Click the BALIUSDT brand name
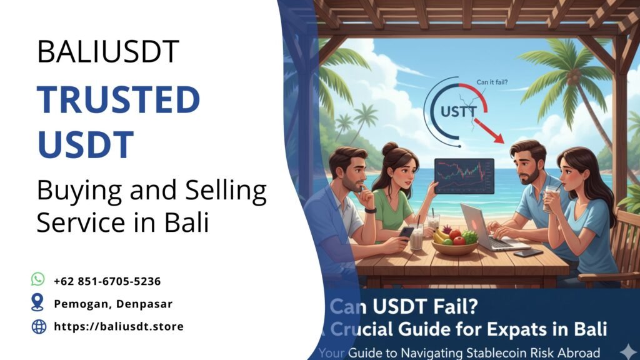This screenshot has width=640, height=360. coord(108,52)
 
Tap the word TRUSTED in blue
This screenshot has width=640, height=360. coord(118,99)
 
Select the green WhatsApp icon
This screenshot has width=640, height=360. coord(39,280)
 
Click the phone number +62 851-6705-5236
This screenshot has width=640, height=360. coord(107,281)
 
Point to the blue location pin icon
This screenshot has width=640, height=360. coord(39,303)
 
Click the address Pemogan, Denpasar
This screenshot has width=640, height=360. coord(112,304)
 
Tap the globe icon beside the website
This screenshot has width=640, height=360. coord(39,326)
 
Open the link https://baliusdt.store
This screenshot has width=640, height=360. coord(118,326)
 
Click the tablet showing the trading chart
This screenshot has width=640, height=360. coord(464,176)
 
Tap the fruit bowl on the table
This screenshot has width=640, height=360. coord(454,242)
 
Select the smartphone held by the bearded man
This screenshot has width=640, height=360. coord(406,233)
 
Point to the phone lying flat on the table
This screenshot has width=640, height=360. coord(528,253)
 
